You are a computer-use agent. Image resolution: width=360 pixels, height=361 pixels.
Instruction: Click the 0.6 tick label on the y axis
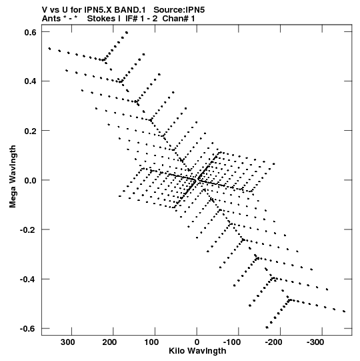31,32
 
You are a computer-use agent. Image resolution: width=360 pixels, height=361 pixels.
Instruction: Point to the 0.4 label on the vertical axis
31,81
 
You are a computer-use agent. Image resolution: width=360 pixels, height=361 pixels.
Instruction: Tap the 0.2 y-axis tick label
31,131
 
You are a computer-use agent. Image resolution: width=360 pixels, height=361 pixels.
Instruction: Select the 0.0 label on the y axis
31,180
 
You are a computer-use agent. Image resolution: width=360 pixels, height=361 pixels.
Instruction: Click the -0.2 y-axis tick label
28,230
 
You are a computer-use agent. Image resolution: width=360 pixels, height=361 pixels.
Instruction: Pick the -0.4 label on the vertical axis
28,280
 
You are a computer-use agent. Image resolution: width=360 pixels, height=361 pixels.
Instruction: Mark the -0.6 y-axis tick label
28,328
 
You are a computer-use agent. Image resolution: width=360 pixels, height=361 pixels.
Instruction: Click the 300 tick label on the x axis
67,342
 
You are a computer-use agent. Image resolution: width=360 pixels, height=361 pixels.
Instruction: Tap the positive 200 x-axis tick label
109,342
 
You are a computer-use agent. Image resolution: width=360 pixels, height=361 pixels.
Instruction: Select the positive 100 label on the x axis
151,342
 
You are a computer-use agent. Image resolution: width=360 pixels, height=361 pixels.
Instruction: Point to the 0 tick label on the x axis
197,342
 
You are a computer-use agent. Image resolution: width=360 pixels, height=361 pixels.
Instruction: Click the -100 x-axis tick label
232,342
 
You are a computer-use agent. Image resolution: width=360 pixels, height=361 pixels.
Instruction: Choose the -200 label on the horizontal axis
273,342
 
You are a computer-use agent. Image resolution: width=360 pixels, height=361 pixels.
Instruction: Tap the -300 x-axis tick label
315,342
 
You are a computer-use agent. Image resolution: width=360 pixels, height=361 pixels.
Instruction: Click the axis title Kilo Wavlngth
197,351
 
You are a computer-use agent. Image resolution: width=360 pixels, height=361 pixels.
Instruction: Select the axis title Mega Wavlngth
13,177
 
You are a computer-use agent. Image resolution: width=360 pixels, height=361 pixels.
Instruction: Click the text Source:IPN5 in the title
179,10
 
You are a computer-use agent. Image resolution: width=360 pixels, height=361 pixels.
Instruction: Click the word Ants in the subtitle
51,19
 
